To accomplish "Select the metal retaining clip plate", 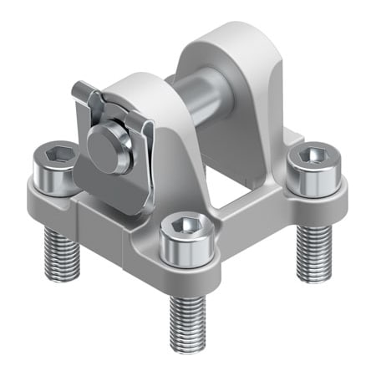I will tap(105, 180).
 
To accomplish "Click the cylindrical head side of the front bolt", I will tap(183, 251).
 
